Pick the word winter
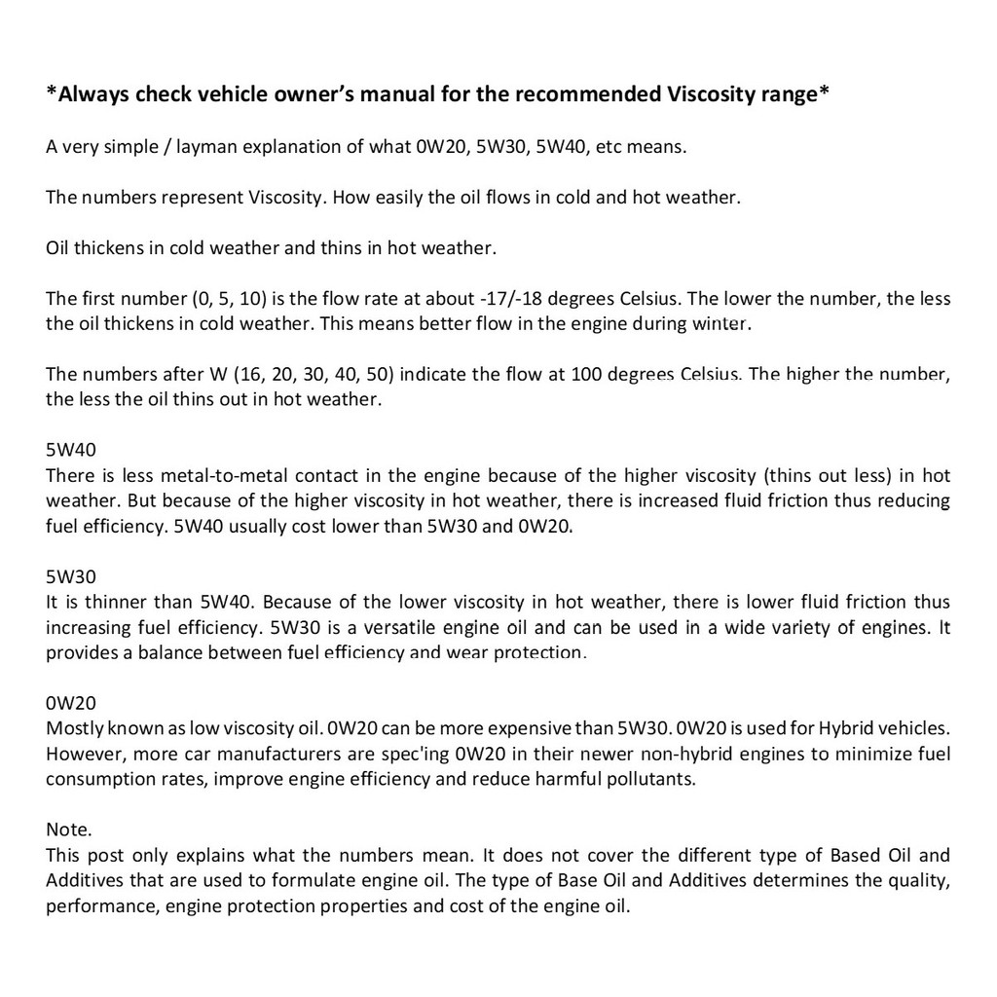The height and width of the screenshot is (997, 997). (x=721, y=323)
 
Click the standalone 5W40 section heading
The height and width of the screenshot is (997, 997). (x=71, y=451)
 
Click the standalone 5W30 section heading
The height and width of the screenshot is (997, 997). (x=71, y=577)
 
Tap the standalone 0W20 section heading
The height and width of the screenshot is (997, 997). (x=71, y=703)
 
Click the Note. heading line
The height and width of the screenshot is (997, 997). (x=69, y=831)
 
